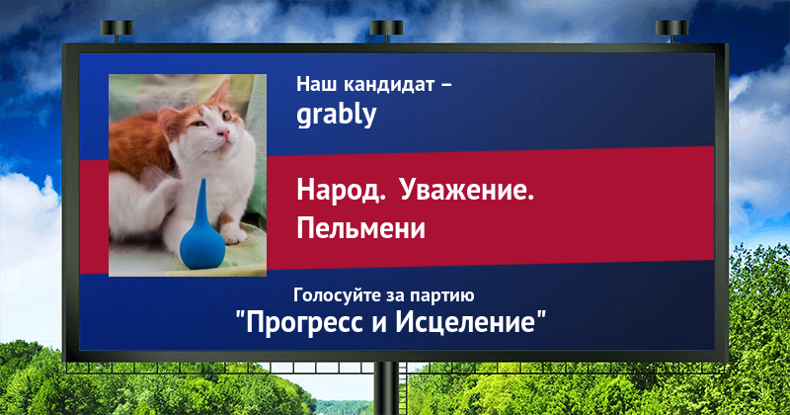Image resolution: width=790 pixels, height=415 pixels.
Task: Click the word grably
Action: (336, 115)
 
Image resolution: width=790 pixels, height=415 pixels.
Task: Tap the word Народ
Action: (341, 191)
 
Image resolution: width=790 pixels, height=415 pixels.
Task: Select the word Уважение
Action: (467, 191)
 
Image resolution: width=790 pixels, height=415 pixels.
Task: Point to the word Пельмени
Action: (360, 228)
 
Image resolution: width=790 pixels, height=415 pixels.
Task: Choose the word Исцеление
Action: (465, 321)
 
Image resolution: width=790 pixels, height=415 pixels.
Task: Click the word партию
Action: (441, 296)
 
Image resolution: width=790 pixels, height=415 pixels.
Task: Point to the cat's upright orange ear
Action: (221, 93)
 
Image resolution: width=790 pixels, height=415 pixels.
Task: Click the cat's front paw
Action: (233, 234)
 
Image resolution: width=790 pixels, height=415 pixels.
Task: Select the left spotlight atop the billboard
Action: (117, 31)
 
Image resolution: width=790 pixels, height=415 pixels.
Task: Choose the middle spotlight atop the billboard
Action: (386, 31)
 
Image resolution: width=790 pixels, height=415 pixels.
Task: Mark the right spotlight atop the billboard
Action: (671, 31)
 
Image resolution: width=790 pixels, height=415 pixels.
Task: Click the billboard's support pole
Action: (386, 388)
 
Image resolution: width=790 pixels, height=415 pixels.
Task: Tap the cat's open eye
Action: (227, 117)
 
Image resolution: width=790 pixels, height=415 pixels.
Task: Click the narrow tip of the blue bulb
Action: (202, 180)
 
